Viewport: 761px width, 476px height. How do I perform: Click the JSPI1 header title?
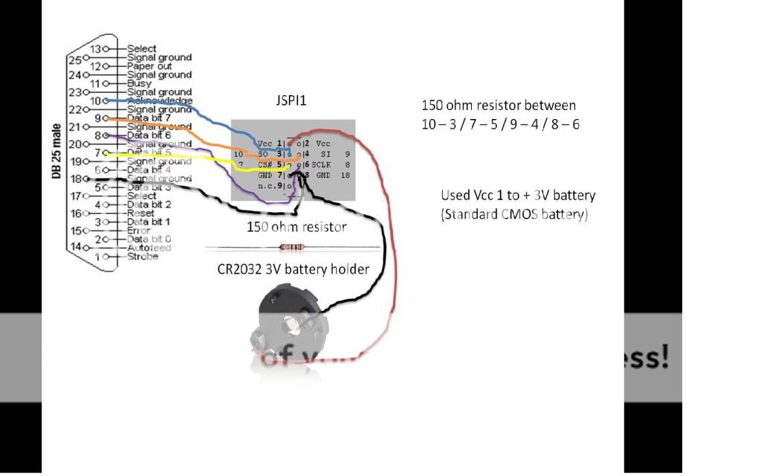coord(291,100)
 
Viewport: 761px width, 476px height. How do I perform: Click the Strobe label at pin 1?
coord(142,257)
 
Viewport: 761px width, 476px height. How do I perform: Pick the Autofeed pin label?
coord(149,248)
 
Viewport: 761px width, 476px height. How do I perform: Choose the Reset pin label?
coord(140,213)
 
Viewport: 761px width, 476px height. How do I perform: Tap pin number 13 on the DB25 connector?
coord(96,48)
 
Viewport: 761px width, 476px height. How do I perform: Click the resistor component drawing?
coord(291,247)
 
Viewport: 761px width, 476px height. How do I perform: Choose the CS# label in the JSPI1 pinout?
coord(266,164)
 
